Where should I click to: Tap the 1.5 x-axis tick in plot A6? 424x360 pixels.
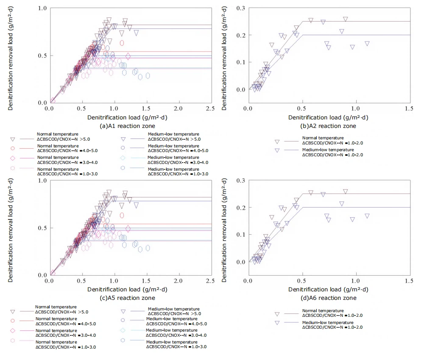pos(410,281)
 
